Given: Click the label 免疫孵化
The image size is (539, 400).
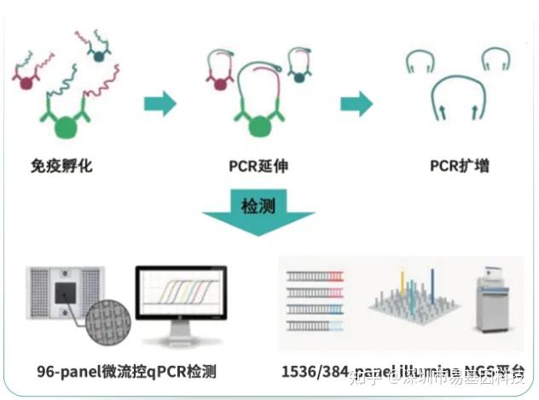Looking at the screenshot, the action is tap(61, 166).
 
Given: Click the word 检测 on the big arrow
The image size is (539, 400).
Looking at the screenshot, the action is tap(258, 205).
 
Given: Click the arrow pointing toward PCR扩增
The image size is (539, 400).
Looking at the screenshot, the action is tap(356, 104).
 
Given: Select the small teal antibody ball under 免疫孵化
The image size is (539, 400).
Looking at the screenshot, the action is tap(100, 55).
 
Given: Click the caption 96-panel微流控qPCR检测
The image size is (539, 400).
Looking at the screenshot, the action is tap(126, 372).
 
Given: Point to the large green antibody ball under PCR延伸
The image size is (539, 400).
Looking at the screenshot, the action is tap(258, 127).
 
